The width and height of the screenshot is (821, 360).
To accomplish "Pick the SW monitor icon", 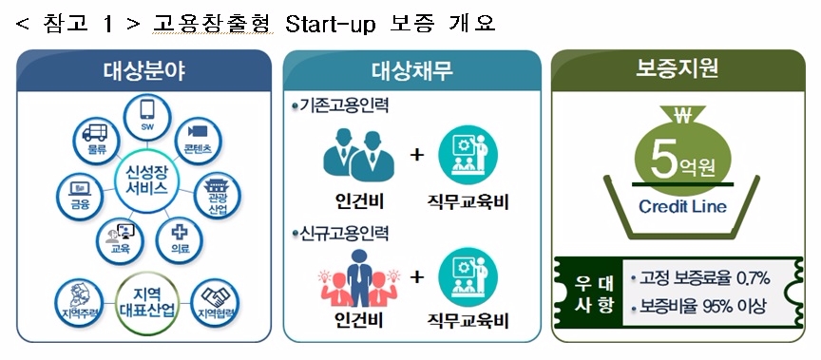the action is click(147, 124).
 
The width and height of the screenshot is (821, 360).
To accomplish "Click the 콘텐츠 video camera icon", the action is click(198, 133).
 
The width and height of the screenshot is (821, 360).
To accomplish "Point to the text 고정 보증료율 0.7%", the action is click(705, 277).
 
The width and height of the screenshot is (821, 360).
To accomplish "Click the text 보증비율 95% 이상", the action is click(705, 307).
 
